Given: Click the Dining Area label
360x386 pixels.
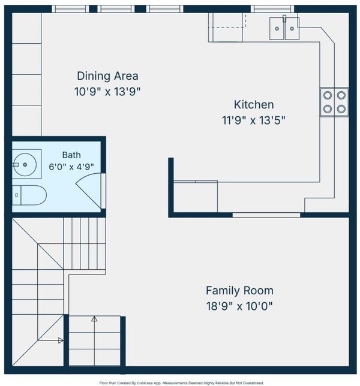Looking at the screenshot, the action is pyautogui.click(x=107, y=76).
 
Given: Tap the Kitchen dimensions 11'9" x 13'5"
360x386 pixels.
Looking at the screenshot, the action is pyautogui.click(x=254, y=120).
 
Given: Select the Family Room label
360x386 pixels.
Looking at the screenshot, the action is pyautogui.click(x=239, y=291).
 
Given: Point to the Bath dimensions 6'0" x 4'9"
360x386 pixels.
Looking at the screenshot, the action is pyautogui.click(x=71, y=167).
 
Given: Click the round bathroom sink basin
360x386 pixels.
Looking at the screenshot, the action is pyautogui.click(x=25, y=164).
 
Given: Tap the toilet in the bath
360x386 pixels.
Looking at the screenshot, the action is pyautogui.click(x=29, y=195).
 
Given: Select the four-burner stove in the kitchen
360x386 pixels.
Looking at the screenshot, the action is pyautogui.click(x=334, y=102).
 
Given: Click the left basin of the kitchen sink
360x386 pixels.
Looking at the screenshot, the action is pyautogui.click(x=277, y=29).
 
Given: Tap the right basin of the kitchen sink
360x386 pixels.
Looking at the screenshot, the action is pyautogui.click(x=292, y=29).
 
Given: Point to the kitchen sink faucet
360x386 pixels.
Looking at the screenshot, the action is pyautogui.click(x=284, y=19).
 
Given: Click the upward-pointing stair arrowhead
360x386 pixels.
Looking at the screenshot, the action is pyautogui.click(x=94, y=319).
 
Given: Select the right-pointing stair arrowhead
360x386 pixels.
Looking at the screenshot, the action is pyautogui.click(x=61, y=340).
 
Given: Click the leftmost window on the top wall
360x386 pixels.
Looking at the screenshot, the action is pyautogui.click(x=70, y=9).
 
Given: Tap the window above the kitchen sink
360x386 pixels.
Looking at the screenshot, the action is pyautogui.click(x=272, y=9).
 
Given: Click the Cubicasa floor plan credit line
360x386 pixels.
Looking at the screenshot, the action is pyautogui.click(x=181, y=383).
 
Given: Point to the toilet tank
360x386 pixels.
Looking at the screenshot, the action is pyautogui.click(x=17, y=195).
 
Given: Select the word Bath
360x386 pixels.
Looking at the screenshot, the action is pyautogui.click(x=71, y=155).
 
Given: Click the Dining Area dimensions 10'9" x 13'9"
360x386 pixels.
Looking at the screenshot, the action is pyautogui.click(x=107, y=92).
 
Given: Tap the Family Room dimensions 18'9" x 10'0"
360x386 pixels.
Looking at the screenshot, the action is pyautogui.click(x=239, y=306).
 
